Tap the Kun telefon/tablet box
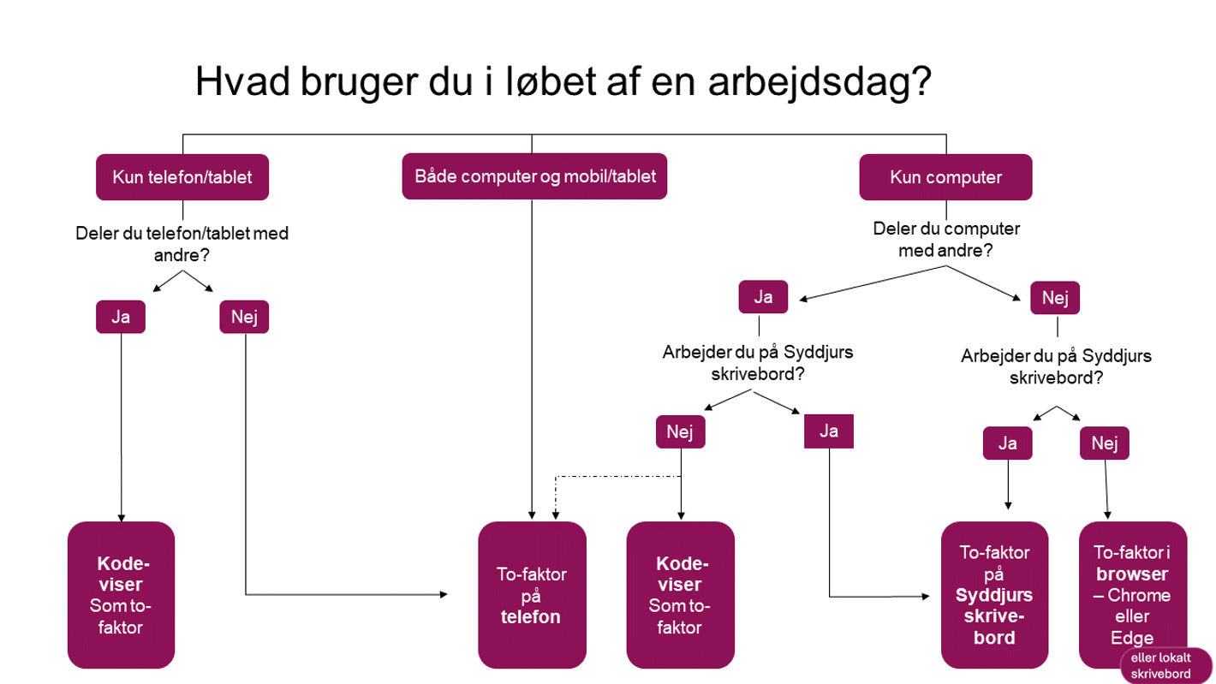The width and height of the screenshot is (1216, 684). pyautogui.click(x=182, y=177)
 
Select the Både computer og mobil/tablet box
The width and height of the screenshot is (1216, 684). pyautogui.click(x=535, y=177)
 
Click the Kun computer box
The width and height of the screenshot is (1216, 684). pyautogui.click(x=945, y=178)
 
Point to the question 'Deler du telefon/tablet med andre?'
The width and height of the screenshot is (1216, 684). pyautogui.click(x=182, y=244)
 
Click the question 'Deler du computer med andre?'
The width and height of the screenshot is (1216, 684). pyautogui.click(x=945, y=241)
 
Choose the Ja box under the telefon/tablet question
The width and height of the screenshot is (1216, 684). pyautogui.click(x=121, y=317)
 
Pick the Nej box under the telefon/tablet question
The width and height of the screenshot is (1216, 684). pyautogui.click(x=245, y=317)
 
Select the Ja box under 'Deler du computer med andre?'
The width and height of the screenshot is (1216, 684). pyautogui.click(x=762, y=298)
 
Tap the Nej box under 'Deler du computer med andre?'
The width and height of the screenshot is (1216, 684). pyautogui.click(x=1055, y=298)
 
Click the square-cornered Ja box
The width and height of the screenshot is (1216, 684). pyautogui.click(x=829, y=431)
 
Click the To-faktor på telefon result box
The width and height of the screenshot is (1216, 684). pyautogui.click(x=532, y=595)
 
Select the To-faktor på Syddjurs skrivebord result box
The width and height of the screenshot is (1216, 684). pyautogui.click(x=994, y=595)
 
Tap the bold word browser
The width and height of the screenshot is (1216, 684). pyautogui.click(x=1132, y=574)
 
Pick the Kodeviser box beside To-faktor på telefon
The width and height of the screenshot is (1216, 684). pyautogui.click(x=681, y=595)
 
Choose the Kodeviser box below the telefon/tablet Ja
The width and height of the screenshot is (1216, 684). pyautogui.click(x=121, y=595)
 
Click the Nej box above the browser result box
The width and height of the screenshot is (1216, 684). pyautogui.click(x=1105, y=443)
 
